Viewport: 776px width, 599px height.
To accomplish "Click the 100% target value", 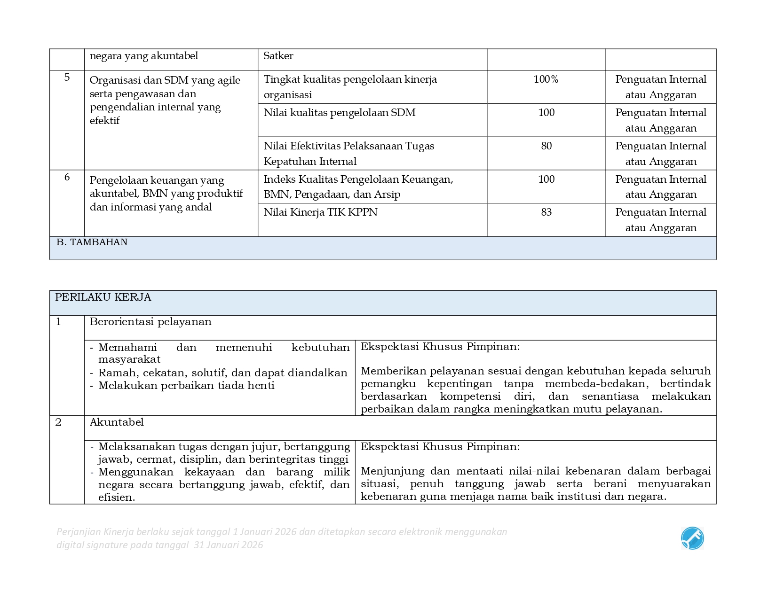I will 546,79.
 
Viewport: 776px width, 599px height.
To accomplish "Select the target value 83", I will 546,212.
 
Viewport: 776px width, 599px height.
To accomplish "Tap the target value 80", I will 546,146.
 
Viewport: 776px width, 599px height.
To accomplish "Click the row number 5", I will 67,78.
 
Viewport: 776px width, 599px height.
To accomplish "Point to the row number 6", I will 67,177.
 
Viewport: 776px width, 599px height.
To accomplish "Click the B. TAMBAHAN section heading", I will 92,242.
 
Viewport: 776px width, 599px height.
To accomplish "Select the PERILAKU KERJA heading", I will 103,297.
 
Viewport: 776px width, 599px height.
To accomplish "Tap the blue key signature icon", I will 692,538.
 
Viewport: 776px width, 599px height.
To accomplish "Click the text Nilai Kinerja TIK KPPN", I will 320,212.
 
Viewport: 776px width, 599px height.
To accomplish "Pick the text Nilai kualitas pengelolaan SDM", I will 339,113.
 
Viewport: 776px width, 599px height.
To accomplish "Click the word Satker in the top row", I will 278,56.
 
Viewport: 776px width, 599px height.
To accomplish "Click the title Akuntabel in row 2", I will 117,422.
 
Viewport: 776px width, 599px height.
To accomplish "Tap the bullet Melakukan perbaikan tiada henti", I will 186,386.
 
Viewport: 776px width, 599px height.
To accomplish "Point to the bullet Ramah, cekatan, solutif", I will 222,373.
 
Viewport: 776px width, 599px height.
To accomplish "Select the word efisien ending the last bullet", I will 116,498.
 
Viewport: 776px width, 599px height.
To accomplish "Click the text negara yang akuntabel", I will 143,56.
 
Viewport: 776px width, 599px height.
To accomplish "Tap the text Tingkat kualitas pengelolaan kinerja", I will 350,79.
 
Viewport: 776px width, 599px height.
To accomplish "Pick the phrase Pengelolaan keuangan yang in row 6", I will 157,180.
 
